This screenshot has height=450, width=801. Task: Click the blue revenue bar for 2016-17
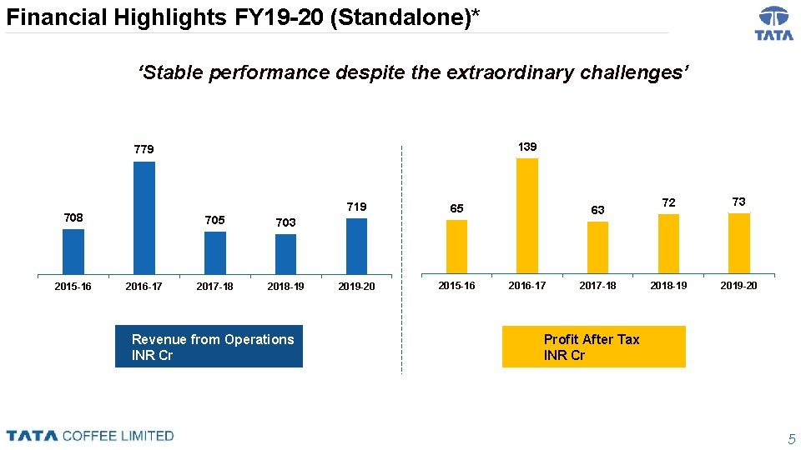(144, 217)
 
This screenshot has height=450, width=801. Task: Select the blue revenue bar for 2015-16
(73, 251)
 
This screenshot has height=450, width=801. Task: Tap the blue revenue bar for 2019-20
(356, 246)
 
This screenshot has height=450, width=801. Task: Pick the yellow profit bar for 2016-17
(527, 215)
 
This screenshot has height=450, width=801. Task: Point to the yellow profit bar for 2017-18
(597, 247)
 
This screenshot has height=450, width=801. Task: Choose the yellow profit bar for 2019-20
(738, 243)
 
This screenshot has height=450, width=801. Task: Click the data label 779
(144, 150)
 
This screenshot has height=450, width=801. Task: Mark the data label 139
(527, 147)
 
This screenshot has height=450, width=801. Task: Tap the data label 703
(285, 222)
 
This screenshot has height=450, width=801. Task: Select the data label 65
(456, 208)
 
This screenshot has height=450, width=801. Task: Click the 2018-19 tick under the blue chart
(285, 287)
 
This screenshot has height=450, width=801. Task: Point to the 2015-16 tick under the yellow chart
(456, 286)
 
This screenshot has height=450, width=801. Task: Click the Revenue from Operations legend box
(209, 347)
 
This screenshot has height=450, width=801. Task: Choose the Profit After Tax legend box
(593, 347)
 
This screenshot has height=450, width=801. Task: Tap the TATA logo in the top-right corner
(773, 23)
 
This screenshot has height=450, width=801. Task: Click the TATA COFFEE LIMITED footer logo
(90, 436)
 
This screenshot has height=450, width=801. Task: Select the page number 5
(792, 439)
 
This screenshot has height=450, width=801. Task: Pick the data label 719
(356, 207)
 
